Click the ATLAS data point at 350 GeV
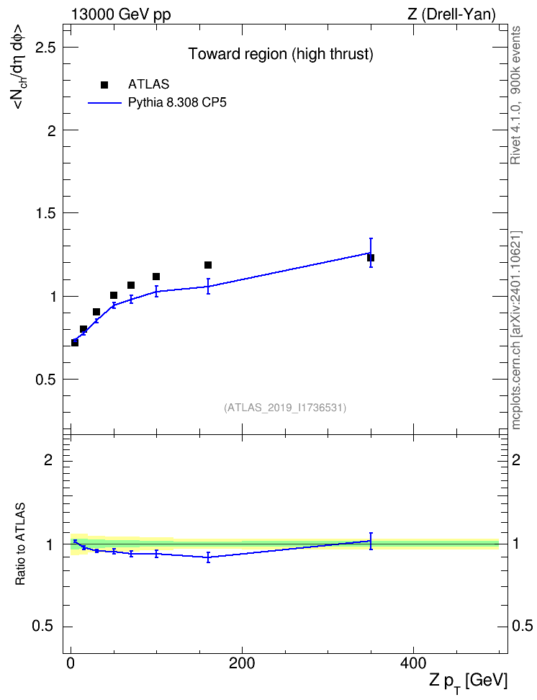pos(371,258)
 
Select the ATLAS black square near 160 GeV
pos(208,265)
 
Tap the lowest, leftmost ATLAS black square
pos(75,342)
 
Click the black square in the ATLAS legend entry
pos(104,85)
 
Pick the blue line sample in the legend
pos(104,103)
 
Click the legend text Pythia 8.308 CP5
pos(177,103)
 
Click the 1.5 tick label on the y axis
pos(45,213)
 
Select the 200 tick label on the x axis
pos(242,663)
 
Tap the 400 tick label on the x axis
pos(413,663)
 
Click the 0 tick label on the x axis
pos(71,663)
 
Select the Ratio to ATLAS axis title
pos(20,544)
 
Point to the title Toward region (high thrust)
pos(281,54)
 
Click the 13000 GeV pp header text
pos(121,14)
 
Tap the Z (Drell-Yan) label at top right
pos(451,14)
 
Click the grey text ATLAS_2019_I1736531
pos(285,408)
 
